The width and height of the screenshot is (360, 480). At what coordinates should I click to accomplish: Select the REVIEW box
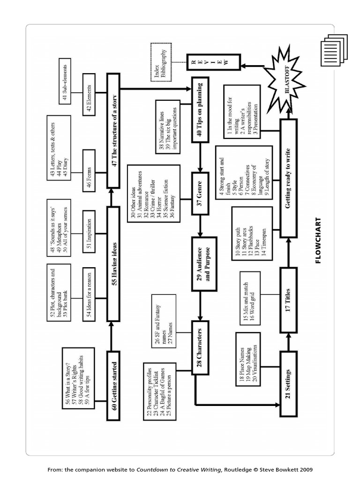tap(214, 62)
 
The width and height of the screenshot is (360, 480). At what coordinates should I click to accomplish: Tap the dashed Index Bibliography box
tap(161, 62)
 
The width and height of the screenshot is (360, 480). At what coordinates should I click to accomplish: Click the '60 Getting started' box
tap(113, 385)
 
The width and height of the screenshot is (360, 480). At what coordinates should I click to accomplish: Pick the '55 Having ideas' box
tap(113, 263)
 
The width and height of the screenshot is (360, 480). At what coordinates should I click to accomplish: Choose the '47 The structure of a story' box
tap(113, 131)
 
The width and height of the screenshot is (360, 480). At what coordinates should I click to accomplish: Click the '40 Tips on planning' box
tap(200, 110)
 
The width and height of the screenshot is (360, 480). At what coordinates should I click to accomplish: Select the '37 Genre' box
tap(200, 194)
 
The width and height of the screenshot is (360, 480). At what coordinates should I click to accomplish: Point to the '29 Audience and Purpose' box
tap(204, 263)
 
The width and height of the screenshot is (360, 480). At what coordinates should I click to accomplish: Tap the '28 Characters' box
tap(200, 347)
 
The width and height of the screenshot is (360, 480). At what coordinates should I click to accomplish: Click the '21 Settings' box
tap(288, 384)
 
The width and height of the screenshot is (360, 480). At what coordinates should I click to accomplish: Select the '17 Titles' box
tap(288, 300)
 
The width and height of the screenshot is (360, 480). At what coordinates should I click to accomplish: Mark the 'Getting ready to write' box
tap(288, 179)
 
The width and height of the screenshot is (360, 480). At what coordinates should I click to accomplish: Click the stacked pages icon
tap(334, 50)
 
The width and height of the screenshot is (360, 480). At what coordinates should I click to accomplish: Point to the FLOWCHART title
tap(318, 240)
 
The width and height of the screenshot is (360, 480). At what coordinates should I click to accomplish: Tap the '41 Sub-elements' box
tap(65, 81)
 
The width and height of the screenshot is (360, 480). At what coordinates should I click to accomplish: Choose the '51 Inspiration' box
tap(89, 232)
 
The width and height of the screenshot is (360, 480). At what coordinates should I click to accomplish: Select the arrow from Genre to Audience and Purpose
tap(200, 226)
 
